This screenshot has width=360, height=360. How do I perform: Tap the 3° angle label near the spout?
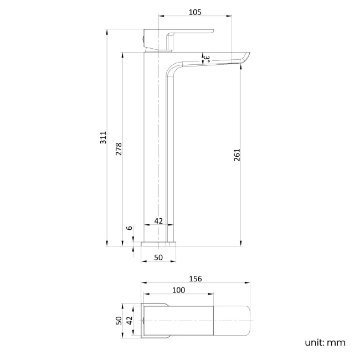coord(206,57)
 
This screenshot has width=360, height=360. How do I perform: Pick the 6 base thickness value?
coord(129,228)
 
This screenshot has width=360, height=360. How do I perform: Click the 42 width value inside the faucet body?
coord(158,220)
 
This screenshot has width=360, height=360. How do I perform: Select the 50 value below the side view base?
coord(158,257)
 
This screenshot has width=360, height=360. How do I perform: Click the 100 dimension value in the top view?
coord(178,290)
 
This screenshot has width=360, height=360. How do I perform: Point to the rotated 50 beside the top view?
coord(118,321)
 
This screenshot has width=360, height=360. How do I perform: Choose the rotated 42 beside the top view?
coord(129,321)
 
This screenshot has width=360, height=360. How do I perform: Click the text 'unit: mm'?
coord(325,342)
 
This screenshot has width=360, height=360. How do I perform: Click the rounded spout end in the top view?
coord(244,321)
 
